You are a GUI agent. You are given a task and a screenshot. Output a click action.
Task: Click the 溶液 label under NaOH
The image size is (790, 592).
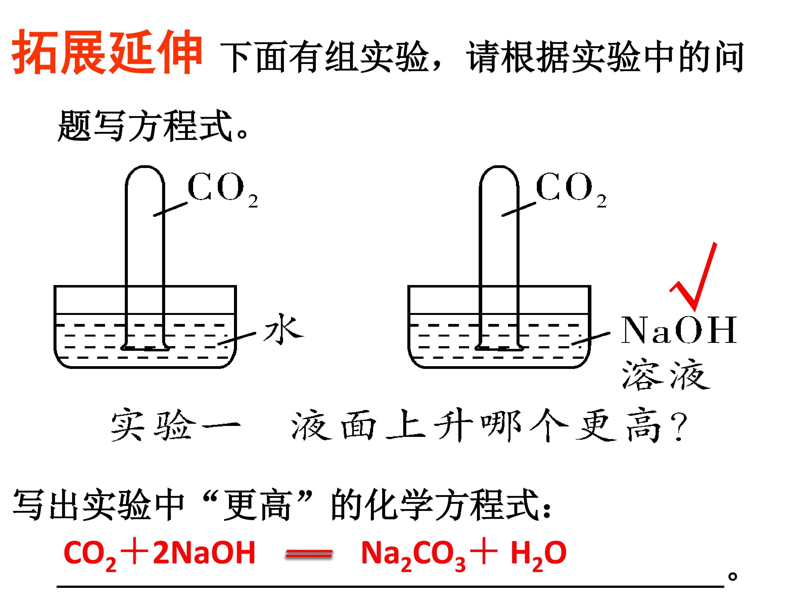666,375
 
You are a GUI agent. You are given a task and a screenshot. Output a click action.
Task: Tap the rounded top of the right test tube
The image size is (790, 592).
499,167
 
